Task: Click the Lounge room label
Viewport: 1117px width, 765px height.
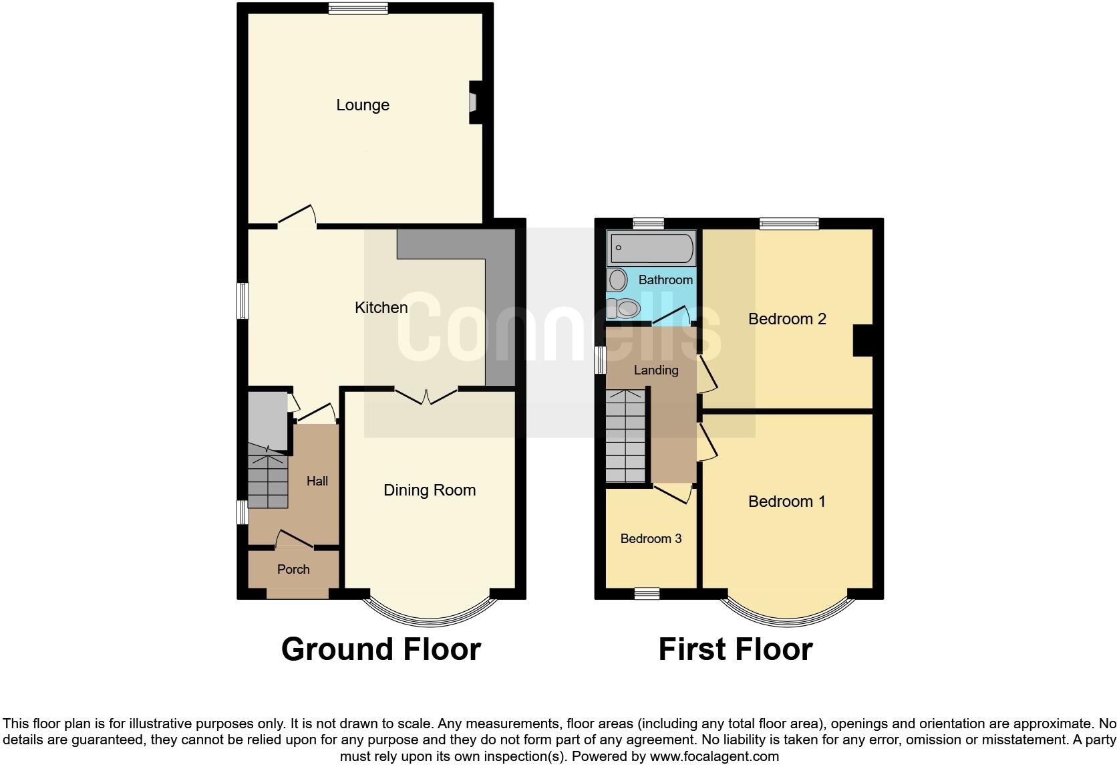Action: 362,105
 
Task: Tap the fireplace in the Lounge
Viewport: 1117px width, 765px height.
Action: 475,102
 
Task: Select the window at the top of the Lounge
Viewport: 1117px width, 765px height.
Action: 358,8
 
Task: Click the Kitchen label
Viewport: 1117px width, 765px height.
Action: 381,308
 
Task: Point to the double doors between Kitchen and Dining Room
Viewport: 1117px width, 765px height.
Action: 426,396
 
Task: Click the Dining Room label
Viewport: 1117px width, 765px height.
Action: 430,490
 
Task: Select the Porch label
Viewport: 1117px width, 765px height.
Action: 293,570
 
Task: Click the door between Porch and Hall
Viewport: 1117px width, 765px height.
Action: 294,540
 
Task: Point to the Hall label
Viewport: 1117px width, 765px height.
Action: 317,481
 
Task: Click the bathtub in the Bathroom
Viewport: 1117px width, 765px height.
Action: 651,248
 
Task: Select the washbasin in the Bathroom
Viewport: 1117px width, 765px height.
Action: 617,279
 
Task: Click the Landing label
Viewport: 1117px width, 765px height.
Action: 655,370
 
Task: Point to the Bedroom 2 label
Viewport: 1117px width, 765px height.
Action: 787,319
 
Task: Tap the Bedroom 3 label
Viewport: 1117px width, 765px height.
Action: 651,539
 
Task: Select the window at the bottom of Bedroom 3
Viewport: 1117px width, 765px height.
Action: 647,593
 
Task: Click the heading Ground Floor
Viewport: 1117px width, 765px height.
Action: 381,649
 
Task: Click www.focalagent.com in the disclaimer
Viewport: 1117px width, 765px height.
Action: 713,757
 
